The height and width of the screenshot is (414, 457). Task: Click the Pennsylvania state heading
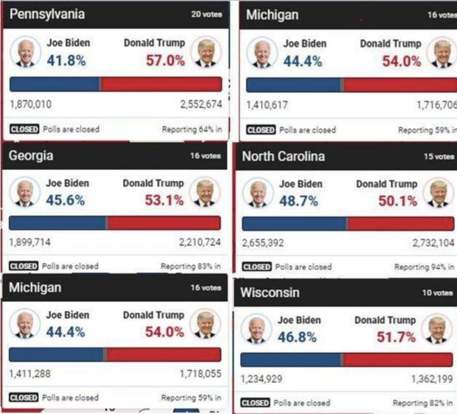(47, 14)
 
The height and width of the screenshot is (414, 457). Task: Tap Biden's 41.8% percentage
(67, 60)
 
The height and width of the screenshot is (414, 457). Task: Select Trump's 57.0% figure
(165, 60)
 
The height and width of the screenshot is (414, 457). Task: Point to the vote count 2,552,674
(200, 104)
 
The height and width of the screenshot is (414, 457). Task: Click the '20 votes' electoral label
(206, 14)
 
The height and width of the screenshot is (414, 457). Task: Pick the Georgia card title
(31, 156)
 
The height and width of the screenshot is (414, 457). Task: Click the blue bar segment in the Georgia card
(58, 223)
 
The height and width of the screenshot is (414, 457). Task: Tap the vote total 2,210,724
(200, 242)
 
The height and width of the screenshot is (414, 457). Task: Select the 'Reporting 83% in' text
(190, 266)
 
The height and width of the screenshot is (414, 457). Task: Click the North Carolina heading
(283, 157)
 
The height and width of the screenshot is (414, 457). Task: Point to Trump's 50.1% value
(397, 200)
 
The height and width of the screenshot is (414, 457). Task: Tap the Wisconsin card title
(270, 293)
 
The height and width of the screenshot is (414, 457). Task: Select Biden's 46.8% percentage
(297, 337)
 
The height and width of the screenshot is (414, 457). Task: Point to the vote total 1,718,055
(200, 374)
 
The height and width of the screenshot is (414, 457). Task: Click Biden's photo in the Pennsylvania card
(26, 52)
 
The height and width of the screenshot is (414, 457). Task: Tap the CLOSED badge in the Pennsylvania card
(24, 129)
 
